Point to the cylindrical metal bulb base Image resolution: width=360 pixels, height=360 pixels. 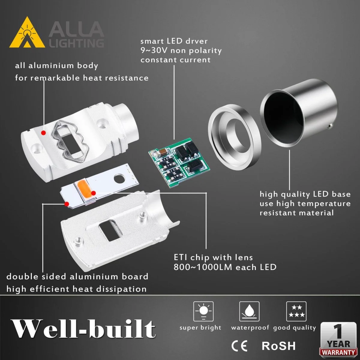299,114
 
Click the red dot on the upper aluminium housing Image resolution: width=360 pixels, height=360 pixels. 43,133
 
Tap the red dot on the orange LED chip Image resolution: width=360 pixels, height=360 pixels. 93,193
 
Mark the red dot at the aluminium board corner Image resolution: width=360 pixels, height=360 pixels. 67,204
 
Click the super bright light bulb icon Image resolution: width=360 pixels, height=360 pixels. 203,311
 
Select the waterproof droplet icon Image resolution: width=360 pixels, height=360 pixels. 249,311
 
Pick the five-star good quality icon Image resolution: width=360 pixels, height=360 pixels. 296,311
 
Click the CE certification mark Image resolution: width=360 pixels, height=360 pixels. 239,346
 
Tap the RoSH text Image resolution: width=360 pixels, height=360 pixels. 279,346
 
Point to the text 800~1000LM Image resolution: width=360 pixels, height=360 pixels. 203,267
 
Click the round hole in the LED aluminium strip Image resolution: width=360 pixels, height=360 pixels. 119,178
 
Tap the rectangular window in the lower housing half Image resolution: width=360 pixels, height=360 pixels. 110,230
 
